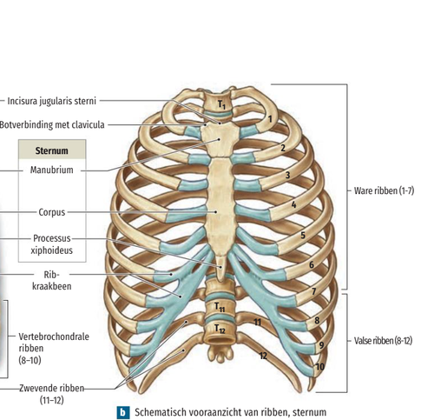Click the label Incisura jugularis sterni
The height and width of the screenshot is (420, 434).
click(x=51, y=101)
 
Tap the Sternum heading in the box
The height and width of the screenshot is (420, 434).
click(x=52, y=150)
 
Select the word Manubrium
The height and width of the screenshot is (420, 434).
click(x=52, y=170)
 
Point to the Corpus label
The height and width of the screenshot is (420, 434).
click(x=52, y=212)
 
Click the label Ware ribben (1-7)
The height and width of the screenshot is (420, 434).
click(x=385, y=190)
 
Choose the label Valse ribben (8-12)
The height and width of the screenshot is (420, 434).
click(x=383, y=341)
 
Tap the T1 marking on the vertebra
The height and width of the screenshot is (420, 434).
click(x=221, y=104)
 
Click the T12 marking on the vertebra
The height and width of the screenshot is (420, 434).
click(x=220, y=329)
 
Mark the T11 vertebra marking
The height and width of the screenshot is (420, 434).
click(x=220, y=307)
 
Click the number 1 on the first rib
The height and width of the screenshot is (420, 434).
click(x=270, y=119)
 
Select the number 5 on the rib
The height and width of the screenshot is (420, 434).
click(x=303, y=235)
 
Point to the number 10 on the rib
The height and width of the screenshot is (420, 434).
click(x=319, y=367)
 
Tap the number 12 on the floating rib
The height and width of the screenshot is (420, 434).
click(x=263, y=356)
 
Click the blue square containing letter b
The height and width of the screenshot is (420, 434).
click(x=123, y=412)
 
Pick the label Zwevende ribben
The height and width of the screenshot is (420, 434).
click(x=52, y=388)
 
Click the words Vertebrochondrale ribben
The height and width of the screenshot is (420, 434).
click(x=54, y=343)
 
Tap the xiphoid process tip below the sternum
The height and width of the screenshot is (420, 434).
click(x=220, y=280)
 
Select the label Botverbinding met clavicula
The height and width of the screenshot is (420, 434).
click(x=52, y=125)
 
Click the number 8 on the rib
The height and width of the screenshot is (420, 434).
click(x=317, y=320)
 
